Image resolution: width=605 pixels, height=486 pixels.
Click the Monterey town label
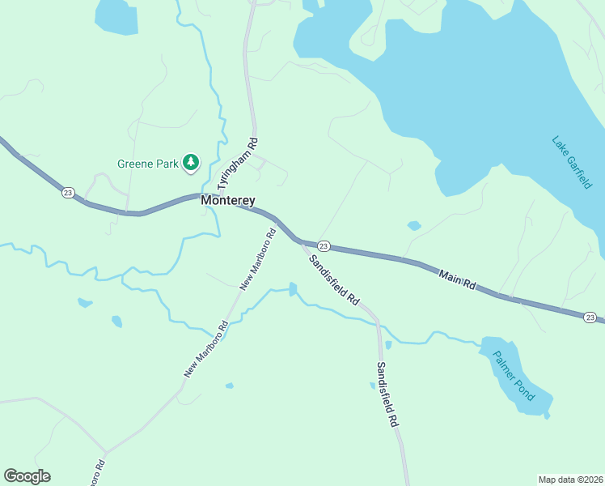pos(228,200)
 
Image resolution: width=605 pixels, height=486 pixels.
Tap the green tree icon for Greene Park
pos(191,164)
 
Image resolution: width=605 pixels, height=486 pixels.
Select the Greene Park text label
pos(147,164)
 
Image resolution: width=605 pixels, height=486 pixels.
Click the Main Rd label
pos(458,283)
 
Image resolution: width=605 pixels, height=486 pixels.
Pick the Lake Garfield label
pos(572,162)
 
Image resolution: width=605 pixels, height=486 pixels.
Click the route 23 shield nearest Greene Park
pos(67,192)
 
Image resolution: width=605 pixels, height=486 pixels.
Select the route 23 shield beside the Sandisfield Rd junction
pos(324,245)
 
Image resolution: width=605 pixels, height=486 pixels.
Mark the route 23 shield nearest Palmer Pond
pos(590,317)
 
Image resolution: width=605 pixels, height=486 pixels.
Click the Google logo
pos(27,475)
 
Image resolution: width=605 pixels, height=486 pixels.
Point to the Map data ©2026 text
pos(569,480)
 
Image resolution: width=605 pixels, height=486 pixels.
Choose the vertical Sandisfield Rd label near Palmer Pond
pos(387,394)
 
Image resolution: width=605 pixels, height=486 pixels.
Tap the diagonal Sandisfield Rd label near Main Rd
pos(333,279)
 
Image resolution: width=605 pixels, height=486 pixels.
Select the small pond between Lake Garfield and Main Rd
pos(414,225)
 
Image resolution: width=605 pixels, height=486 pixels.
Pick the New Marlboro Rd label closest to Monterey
pos(258,258)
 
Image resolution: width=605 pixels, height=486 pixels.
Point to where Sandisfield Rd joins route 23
pos(299,240)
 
